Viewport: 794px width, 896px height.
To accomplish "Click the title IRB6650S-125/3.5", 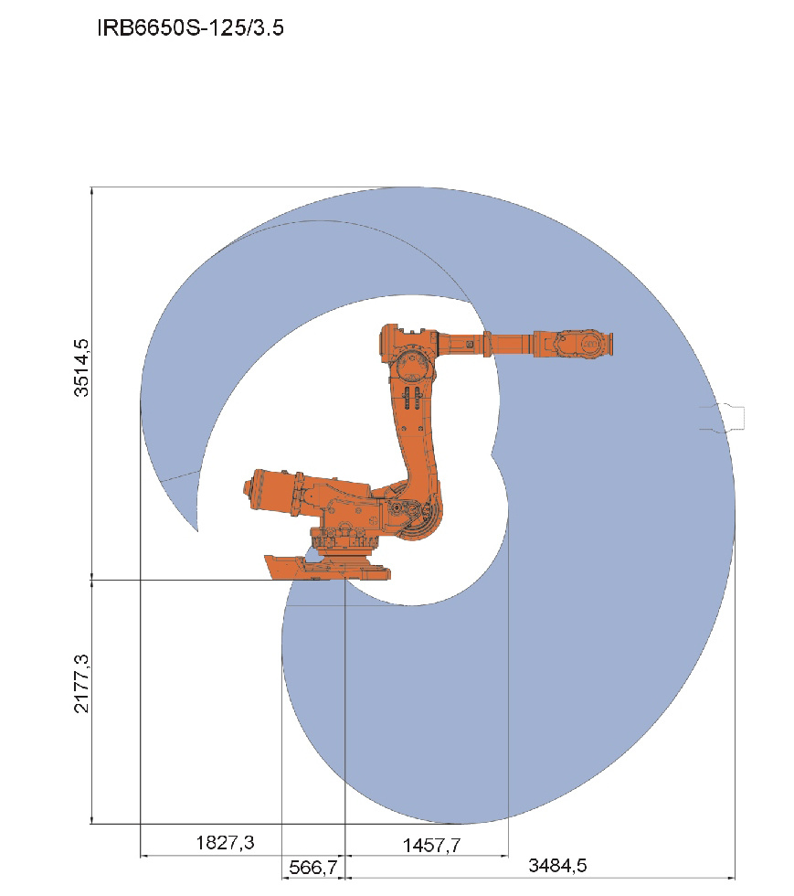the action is tap(190, 27).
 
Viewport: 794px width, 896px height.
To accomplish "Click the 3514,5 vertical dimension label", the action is tap(81, 368).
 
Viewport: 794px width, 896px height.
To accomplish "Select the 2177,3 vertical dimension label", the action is tap(81, 684).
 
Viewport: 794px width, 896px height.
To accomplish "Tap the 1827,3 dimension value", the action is tap(225, 842).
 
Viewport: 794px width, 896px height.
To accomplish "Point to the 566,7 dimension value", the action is tap(313, 868).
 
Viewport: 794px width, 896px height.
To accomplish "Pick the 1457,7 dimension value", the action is tap(431, 845).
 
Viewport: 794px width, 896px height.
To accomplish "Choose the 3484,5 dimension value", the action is tap(557, 865).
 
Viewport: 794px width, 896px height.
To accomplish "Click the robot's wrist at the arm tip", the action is tap(583, 344).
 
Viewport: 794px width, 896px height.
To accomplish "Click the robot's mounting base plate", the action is tap(327, 568).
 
